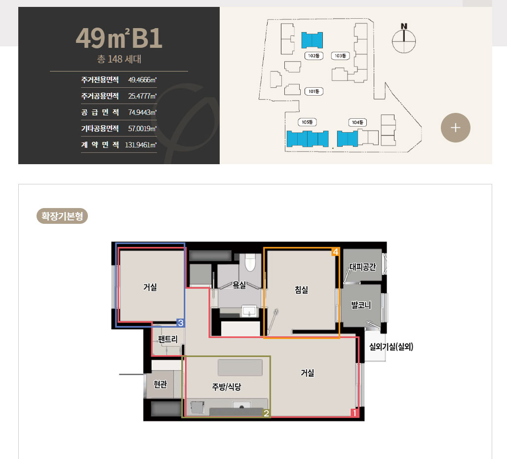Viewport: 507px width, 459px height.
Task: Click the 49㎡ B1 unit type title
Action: (119, 39)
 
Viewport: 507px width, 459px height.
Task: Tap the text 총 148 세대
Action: (119, 60)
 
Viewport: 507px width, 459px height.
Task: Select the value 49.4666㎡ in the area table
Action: (142, 79)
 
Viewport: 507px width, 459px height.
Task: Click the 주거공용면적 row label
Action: (100, 96)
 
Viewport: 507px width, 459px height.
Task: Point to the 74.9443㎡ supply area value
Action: (142, 112)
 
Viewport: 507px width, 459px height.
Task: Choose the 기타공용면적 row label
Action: (100, 128)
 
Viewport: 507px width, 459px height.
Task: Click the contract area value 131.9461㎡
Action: (141, 145)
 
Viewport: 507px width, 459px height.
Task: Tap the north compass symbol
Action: (404, 38)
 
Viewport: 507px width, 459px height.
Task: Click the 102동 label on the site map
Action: (313, 56)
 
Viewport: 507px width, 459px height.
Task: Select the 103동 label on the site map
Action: (340, 56)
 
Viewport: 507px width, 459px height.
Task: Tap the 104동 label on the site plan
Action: (357, 122)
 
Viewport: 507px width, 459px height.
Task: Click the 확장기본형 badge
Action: (62, 216)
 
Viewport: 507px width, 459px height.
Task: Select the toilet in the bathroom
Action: (250, 263)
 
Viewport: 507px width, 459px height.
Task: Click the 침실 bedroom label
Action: (301, 290)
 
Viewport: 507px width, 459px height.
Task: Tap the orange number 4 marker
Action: (336, 252)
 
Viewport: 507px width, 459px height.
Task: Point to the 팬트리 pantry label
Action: (168, 339)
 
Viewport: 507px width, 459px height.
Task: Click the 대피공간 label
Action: (363, 267)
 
